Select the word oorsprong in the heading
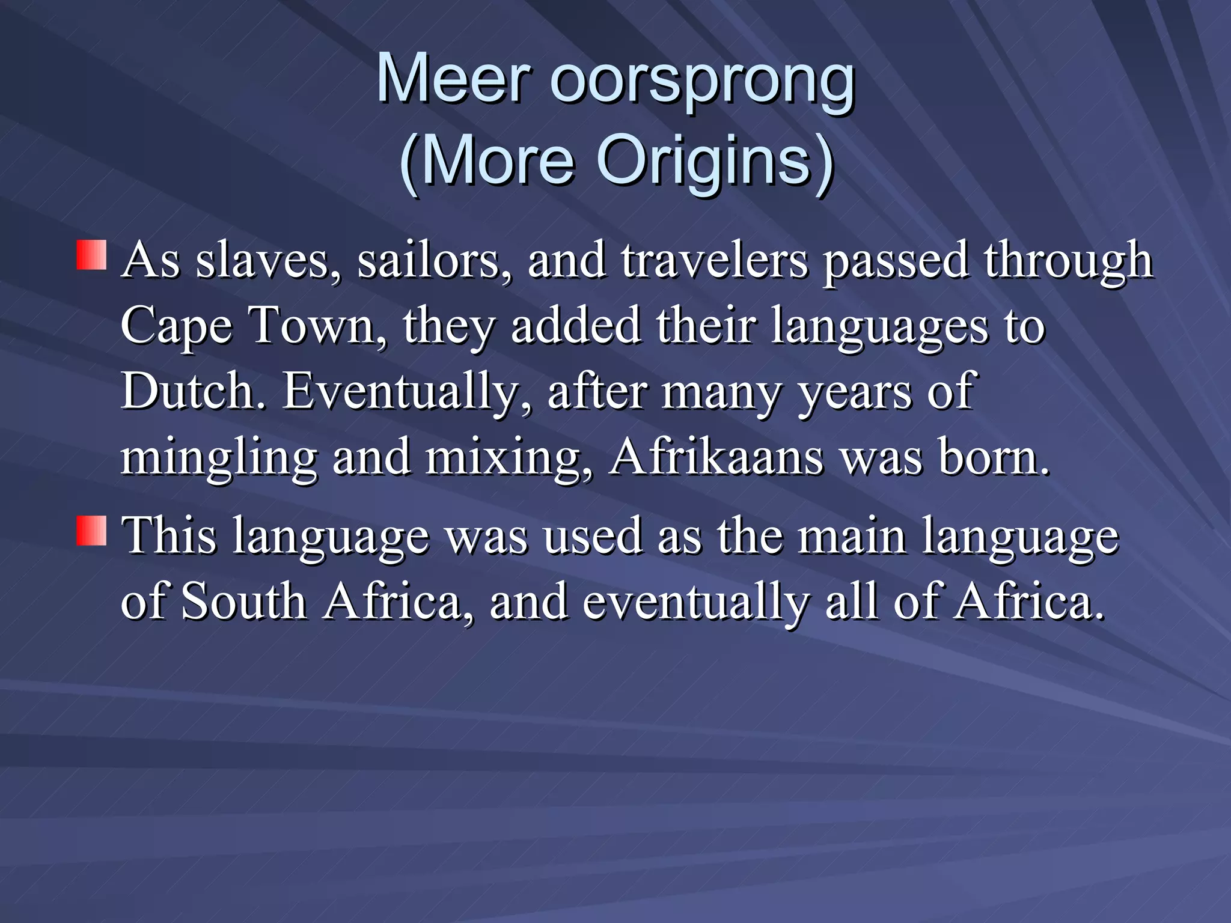pyautogui.click(x=702, y=81)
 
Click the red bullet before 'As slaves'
pyautogui.click(x=92, y=255)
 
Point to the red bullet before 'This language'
pyautogui.click(x=92, y=530)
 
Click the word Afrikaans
pyautogui.click(x=715, y=457)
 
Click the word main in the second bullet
pyautogui.click(x=851, y=536)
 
